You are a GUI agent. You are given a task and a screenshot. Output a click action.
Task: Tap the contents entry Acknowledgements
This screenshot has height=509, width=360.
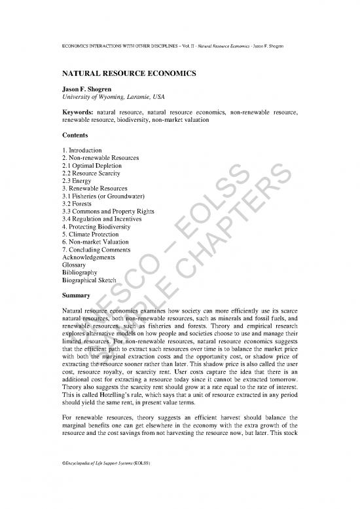(x=88, y=257)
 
